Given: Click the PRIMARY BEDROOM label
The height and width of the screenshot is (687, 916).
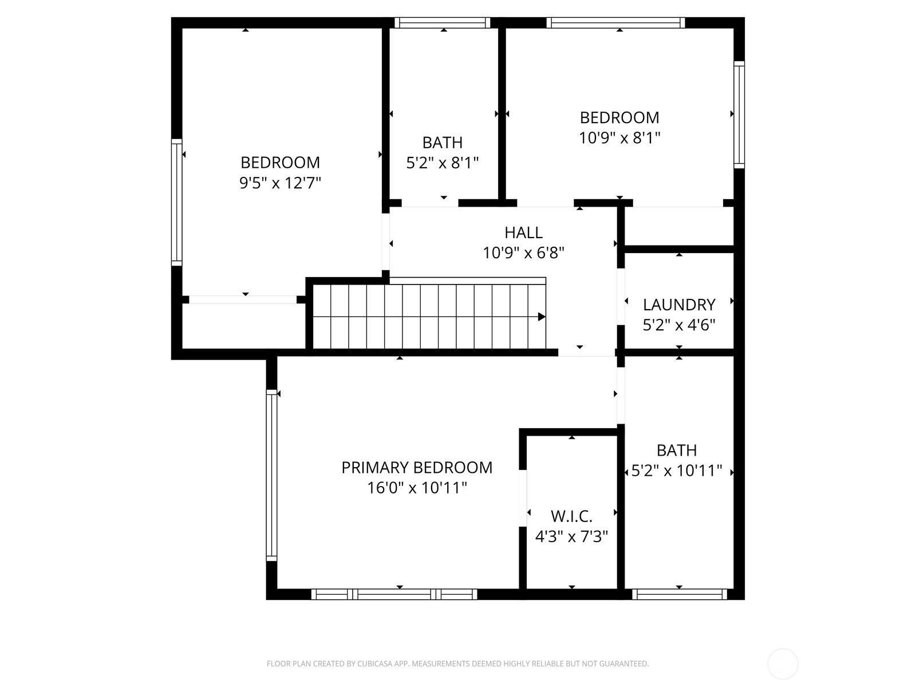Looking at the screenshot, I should point(417,468).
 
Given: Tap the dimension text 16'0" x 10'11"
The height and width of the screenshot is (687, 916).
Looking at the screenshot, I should point(417,488).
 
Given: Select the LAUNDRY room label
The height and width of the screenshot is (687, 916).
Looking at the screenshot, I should point(679,305).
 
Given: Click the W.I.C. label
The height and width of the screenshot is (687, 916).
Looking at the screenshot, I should point(571,516).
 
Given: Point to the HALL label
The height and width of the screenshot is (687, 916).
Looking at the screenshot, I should point(523,232).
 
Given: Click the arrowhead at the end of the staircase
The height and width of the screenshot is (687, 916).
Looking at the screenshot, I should point(542,317).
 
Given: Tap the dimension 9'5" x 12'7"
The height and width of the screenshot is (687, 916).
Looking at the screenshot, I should point(280,183).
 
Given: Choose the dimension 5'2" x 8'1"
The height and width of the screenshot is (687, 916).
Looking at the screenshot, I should point(443,163).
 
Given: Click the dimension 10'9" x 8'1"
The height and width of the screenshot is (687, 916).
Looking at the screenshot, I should point(619,138).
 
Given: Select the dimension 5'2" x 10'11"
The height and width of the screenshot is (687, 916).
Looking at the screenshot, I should point(677,471).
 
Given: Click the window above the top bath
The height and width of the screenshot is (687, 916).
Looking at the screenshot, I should point(443,23).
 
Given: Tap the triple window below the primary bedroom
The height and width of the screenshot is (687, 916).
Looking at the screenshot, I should point(394,595).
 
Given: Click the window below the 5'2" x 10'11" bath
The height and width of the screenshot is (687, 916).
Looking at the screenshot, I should point(680,595).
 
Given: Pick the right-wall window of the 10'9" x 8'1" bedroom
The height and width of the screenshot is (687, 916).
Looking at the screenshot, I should point(739,114).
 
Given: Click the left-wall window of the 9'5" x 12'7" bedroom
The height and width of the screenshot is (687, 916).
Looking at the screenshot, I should point(176,202).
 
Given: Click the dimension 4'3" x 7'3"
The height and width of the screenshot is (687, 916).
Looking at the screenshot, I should point(571,537).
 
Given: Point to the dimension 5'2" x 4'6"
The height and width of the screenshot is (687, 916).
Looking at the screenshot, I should point(679,325).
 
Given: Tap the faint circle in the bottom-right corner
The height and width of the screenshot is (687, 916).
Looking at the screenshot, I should point(783,664).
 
